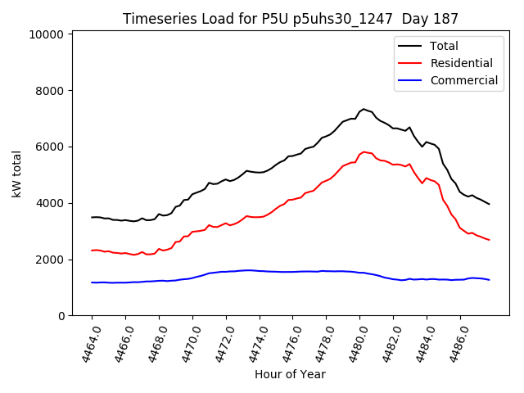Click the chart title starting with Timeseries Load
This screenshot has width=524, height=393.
point(291,18)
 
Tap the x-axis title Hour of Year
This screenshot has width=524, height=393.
point(290,374)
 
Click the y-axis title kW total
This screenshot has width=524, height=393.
point(16,174)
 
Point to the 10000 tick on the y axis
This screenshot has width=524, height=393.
point(46,34)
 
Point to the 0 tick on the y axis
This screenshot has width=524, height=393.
point(61,316)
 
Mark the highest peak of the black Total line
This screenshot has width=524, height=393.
point(364,108)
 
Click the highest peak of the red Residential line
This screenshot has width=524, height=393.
point(364,151)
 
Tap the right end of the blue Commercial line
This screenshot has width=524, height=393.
point(490,280)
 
